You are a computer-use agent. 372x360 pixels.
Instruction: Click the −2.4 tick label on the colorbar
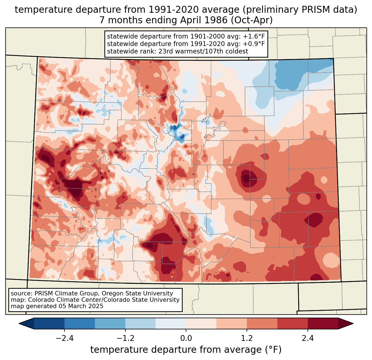pos(64,338)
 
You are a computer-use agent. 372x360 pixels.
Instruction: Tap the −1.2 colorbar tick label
pos(125,338)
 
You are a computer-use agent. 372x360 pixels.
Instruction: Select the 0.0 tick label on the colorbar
pos(186,338)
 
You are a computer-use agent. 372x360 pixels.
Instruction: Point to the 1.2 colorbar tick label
pos(247,338)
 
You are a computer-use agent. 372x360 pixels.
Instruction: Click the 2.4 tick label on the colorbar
pos(308,338)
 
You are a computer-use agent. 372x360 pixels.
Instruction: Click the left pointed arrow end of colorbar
pos(26,323)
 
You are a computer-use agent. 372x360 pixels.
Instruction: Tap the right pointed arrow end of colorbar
pos(346,323)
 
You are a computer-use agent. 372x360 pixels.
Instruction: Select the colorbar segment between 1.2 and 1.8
pos(262,323)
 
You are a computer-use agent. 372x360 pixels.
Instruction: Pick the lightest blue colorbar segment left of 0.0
pos(171,323)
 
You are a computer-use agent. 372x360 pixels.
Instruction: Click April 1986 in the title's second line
pos(204,20)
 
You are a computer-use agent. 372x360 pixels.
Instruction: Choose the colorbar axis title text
pos(186,350)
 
